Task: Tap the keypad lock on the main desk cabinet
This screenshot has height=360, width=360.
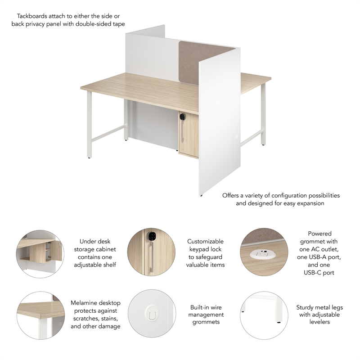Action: pos(183,117)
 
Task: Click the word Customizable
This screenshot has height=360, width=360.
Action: pos(205,242)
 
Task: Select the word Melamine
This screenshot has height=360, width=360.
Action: pos(85,303)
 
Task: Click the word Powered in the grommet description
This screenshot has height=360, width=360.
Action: pos(319,234)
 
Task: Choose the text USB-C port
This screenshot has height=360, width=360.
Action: pos(319,273)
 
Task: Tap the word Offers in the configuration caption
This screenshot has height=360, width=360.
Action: pos(231,195)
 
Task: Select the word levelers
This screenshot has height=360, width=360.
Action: pos(319,322)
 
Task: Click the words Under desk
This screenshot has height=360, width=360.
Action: pos(94,241)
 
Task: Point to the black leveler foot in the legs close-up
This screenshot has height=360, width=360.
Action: pos(279,323)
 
